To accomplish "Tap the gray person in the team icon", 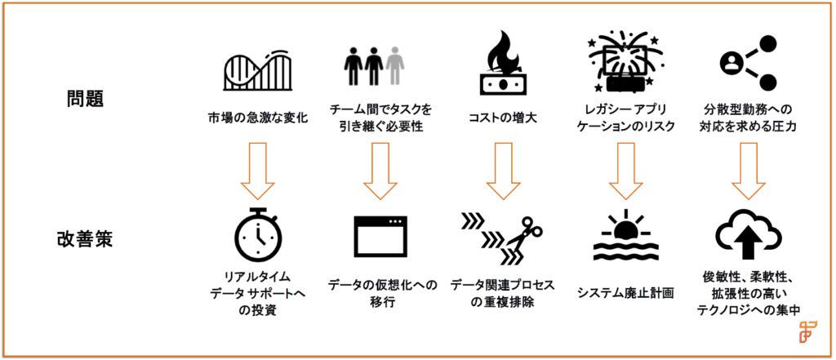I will (x=395, y=64).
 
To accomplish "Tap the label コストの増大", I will (x=501, y=118).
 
